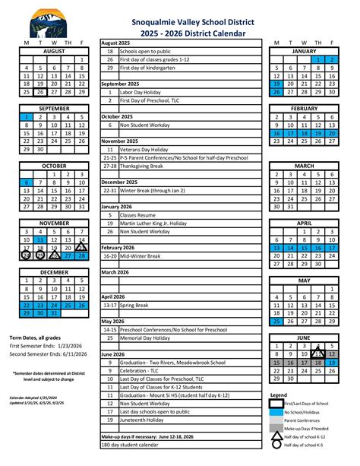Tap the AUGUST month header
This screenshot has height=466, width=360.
pyautogui.click(x=54, y=50)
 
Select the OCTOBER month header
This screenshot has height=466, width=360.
pyautogui.click(x=54, y=165)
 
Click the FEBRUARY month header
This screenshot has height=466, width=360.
pyautogui.click(x=305, y=108)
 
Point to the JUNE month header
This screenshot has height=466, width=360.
pyautogui.click(x=305, y=337)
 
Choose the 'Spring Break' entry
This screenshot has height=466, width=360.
pyautogui.click(x=137, y=306)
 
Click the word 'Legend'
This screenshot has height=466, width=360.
pyautogui.click(x=279, y=395)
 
